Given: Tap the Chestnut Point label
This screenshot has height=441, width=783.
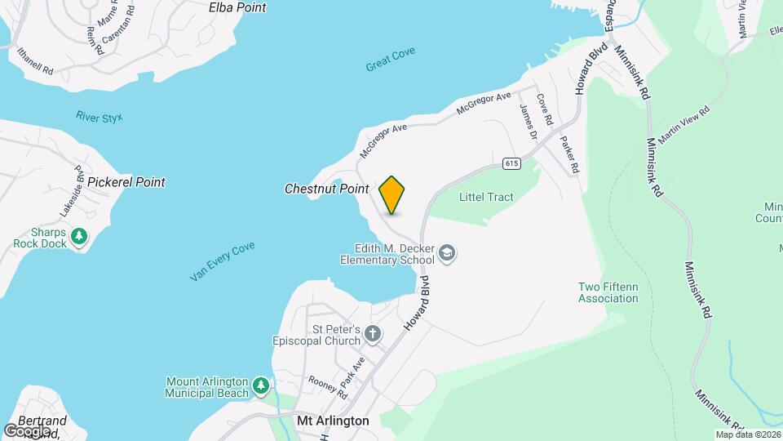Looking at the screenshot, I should pos(327,189).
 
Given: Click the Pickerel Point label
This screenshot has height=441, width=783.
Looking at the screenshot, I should pos(126,182).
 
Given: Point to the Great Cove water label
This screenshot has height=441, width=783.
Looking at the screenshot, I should pos(391,59).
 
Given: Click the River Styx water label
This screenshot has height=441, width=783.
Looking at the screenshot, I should pos(99,118).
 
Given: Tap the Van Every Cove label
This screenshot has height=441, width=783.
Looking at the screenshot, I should pos(222,262).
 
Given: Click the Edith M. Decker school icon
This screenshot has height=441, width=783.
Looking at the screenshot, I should pos(446,254).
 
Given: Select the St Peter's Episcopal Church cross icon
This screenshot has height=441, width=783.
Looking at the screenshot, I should pos(373,333).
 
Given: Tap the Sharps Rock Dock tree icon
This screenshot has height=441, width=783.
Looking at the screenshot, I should pos(79,237).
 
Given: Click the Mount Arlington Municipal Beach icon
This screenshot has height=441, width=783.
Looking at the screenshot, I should pos(260,384).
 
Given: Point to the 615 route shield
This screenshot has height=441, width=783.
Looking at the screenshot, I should pos(511,163).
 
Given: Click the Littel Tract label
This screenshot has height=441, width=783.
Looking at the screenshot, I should pos(486,197).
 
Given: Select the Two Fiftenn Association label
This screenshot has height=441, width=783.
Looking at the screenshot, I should pos(608,292).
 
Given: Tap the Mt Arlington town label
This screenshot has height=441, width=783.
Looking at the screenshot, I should pos(333,421).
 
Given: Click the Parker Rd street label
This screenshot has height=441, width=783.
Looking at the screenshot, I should pos(568,153).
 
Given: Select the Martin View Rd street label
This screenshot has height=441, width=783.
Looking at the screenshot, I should pos(683,125).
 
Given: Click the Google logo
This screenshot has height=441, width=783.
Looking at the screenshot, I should pos(27,430).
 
